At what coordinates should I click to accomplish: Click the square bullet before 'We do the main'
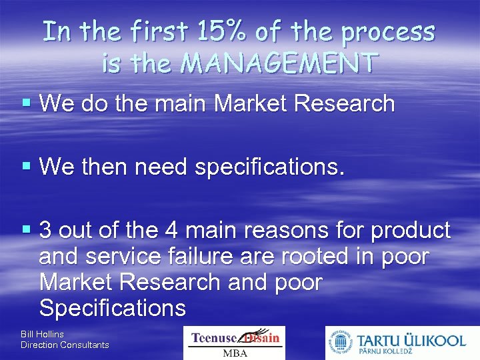27,103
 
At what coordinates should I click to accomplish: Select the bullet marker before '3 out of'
27,231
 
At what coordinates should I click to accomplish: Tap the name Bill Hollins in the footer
42,333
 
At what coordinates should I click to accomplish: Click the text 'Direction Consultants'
65,345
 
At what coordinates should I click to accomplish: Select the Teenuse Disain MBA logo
234,343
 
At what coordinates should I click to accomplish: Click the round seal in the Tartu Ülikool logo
340,343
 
